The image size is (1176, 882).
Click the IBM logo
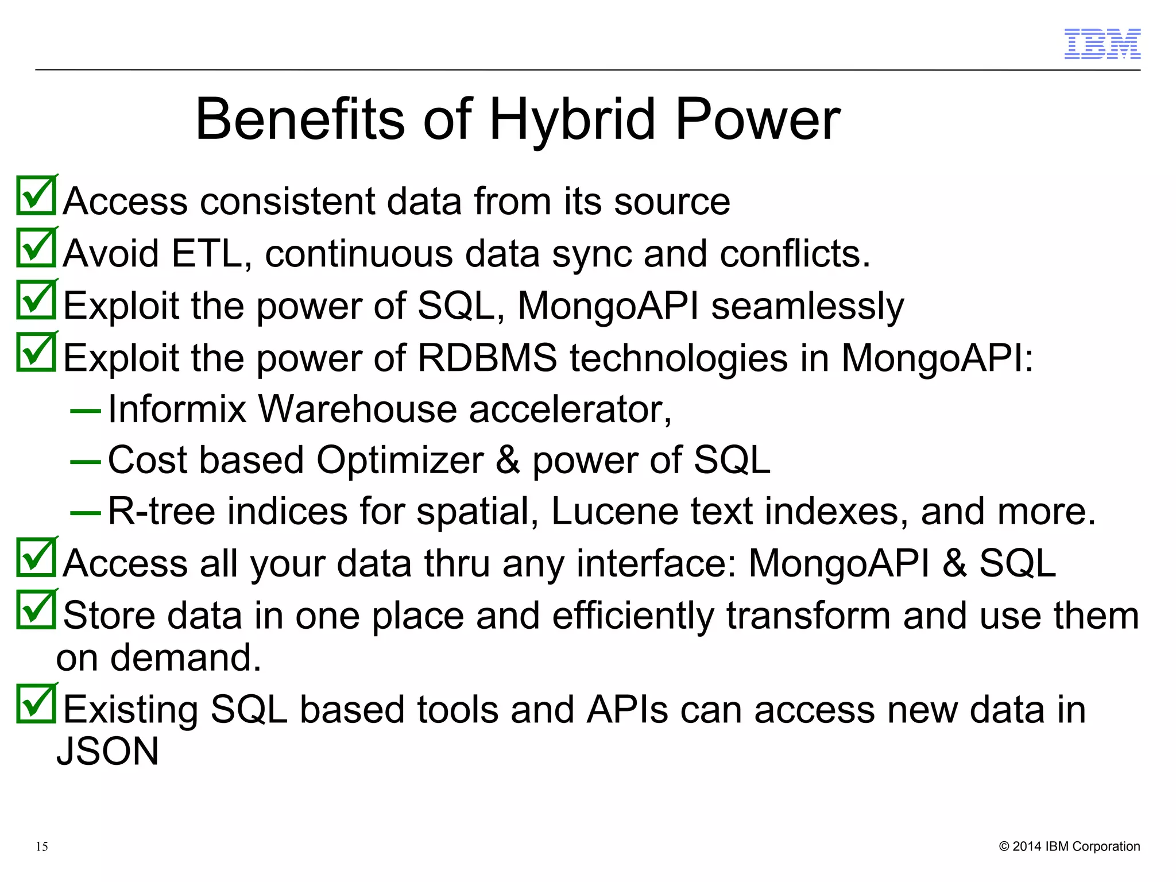pos(1102,44)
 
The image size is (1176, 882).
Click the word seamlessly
pos(807,305)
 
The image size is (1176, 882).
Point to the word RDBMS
pos(487,357)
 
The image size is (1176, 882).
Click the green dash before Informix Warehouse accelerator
pos(85,411)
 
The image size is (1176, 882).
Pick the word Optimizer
pos(400,460)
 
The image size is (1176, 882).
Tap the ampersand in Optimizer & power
pos(508,460)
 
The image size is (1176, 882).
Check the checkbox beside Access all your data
pos(36,558)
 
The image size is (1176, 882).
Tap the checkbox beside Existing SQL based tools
pos(36,704)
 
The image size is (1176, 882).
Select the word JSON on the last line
pos(107,752)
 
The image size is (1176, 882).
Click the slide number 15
pos(42,846)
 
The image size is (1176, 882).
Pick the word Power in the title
pos(757,119)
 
